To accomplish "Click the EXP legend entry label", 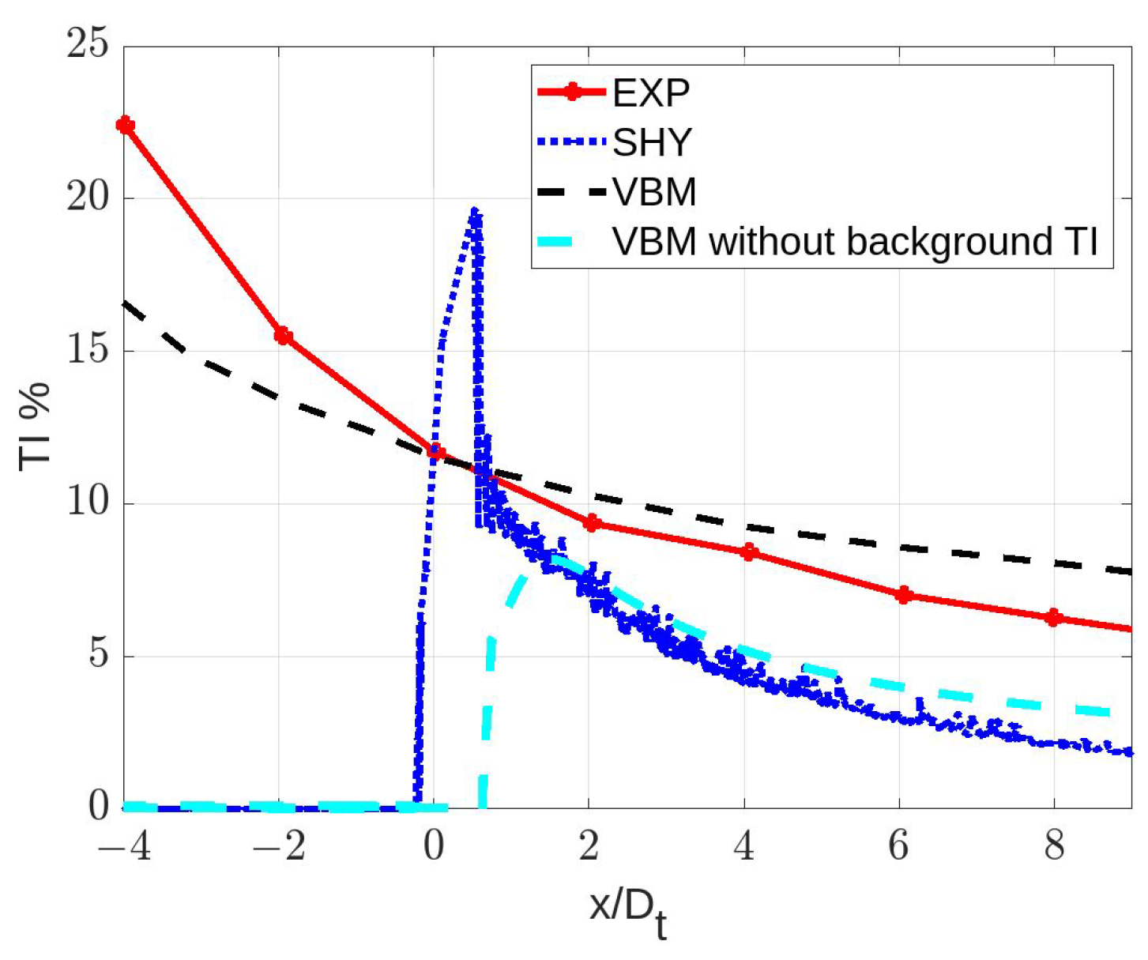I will click(x=651, y=93).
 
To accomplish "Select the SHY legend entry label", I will click(x=652, y=142).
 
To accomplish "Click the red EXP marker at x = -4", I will click(x=125, y=125).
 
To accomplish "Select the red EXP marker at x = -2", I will click(x=283, y=336).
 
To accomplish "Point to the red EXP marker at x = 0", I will click(x=435, y=453).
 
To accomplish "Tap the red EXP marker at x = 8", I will click(x=1052, y=617).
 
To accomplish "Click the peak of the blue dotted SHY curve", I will click(x=474, y=212).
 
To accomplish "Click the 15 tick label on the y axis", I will click(x=87, y=349).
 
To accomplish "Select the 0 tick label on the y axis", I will click(x=98, y=807).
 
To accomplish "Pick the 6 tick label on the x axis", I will click(x=898, y=846).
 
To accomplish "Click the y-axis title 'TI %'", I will click(x=35, y=427).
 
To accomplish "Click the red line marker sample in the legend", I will click(x=572, y=92).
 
